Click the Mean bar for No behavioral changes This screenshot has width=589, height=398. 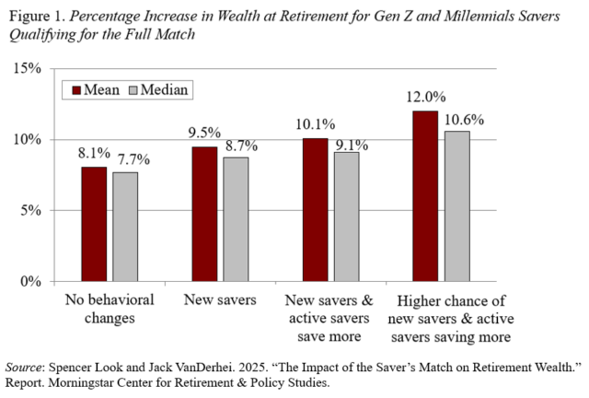(x=94, y=224)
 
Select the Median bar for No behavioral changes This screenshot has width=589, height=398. (x=125, y=227)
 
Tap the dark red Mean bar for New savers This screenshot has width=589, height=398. (x=204, y=214)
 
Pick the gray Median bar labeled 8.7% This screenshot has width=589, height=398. (x=236, y=219)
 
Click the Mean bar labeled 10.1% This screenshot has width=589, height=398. (x=315, y=210)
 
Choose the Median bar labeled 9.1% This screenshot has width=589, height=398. (x=347, y=217)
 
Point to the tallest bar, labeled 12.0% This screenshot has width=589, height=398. (x=425, y=196)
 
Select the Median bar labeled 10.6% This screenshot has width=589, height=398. (x=457, y=206)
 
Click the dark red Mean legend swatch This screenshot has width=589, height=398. (x=76, y=90)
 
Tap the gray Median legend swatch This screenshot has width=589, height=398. (x=133, y=90)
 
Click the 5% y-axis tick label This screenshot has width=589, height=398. (x=30, y=210)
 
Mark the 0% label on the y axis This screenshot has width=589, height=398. (x=30, y=281)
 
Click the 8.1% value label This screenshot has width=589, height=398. (x=94, y=153)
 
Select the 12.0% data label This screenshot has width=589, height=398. (x=425, y=97)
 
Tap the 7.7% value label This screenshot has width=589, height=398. (x=133, y=159)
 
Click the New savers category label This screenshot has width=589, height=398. (x=220, y=299)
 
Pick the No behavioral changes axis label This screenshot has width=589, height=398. (x=110, y=309)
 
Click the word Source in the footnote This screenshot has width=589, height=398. (x=23, y=368)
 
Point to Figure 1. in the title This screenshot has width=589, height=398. (x=38, y=17)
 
